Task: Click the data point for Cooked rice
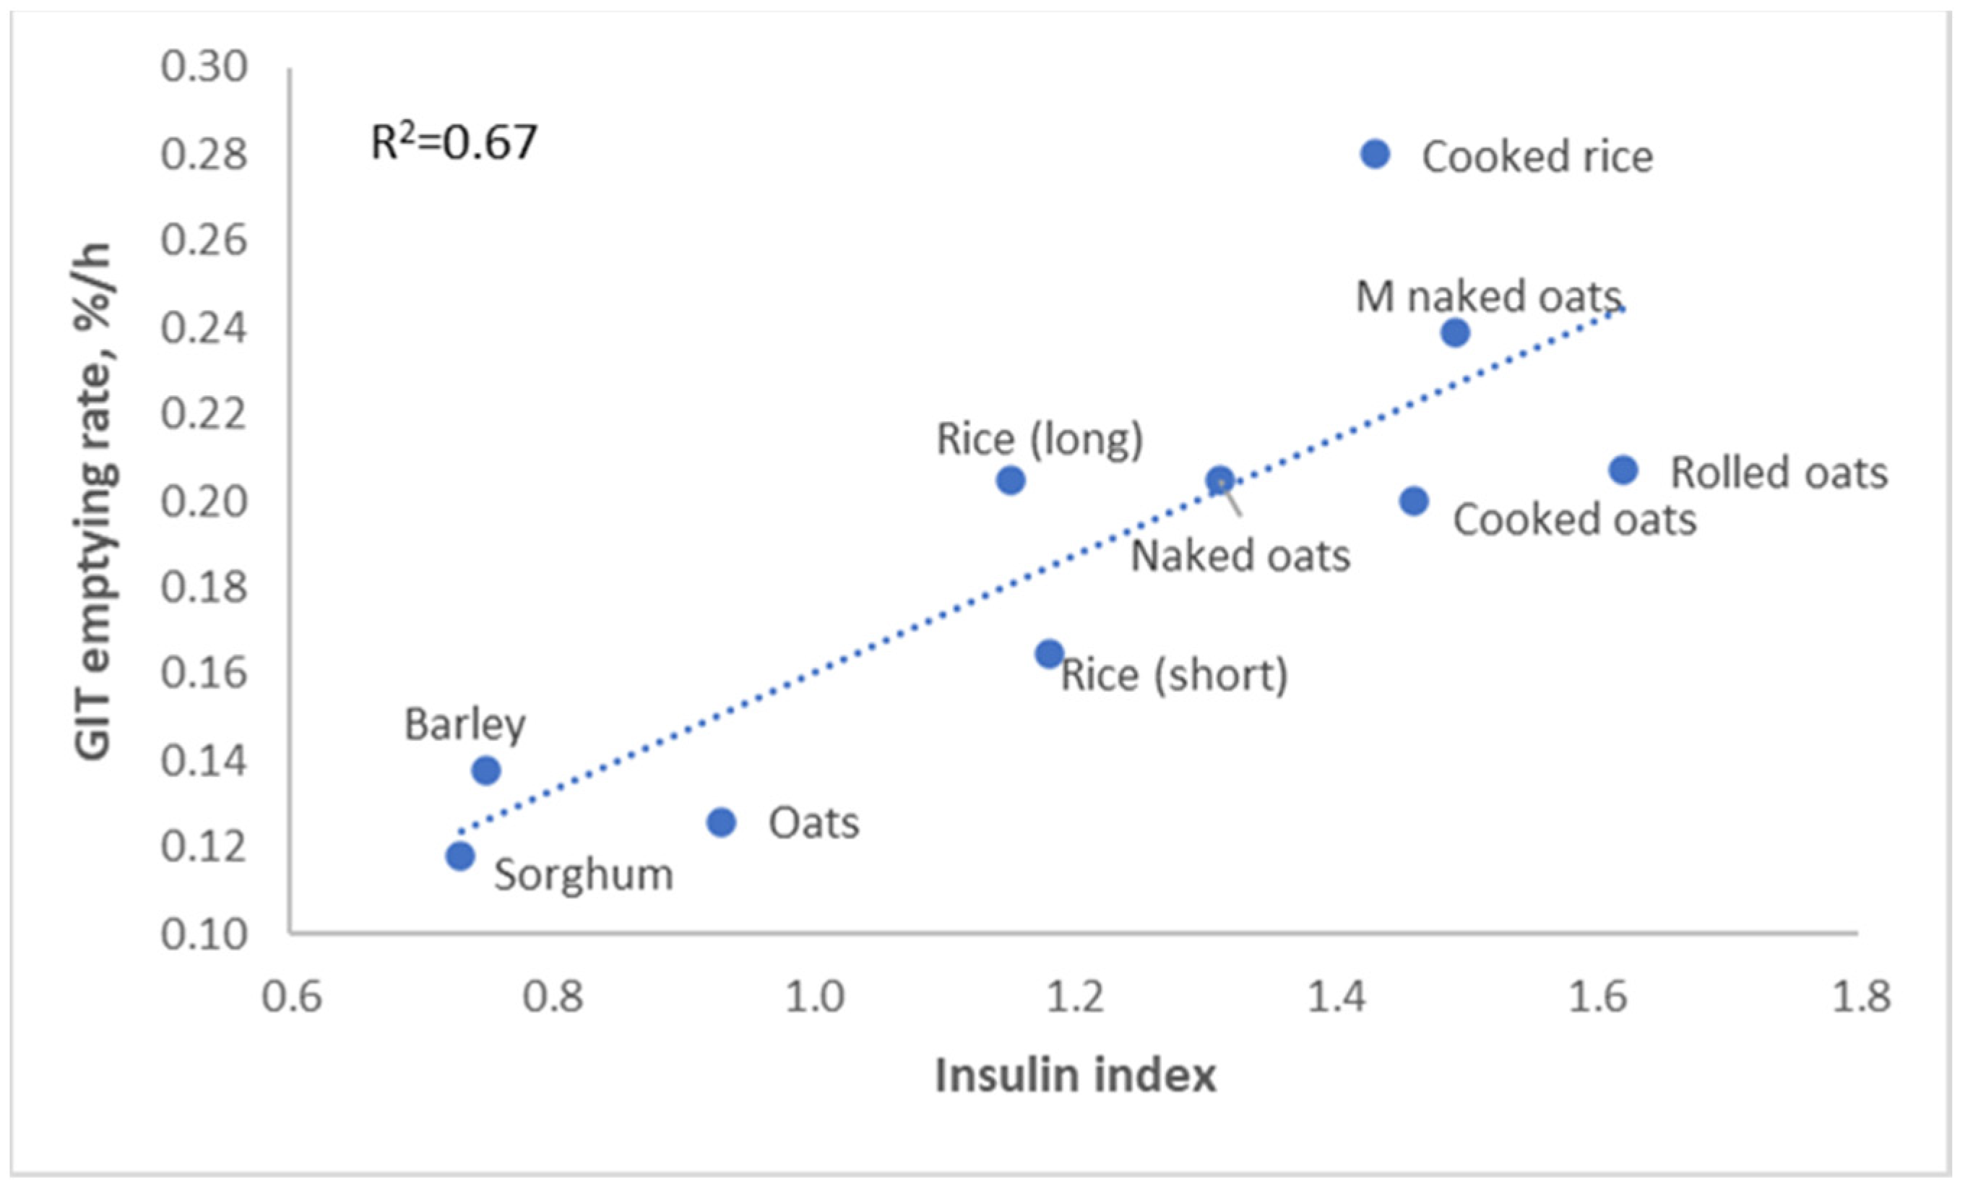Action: coord(1375,154)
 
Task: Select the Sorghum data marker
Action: coord(460,856)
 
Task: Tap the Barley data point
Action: coord(485,770)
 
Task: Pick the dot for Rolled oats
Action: coord(1623,470)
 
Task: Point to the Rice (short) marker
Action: coord(1050,654)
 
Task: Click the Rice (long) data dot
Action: coord(1011,480)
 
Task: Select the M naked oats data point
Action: coord(1455,332)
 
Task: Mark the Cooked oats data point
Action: coord(1414,501)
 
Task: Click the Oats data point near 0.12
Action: coord(721,822)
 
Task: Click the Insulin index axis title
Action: coord(1075,1075)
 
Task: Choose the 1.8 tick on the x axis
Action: coord(1860,998)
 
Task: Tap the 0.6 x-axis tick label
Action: coord(292,998)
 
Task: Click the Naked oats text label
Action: coord(1240,556)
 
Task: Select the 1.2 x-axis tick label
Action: coord(1075,998)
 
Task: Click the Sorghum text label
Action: coord(584,875)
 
